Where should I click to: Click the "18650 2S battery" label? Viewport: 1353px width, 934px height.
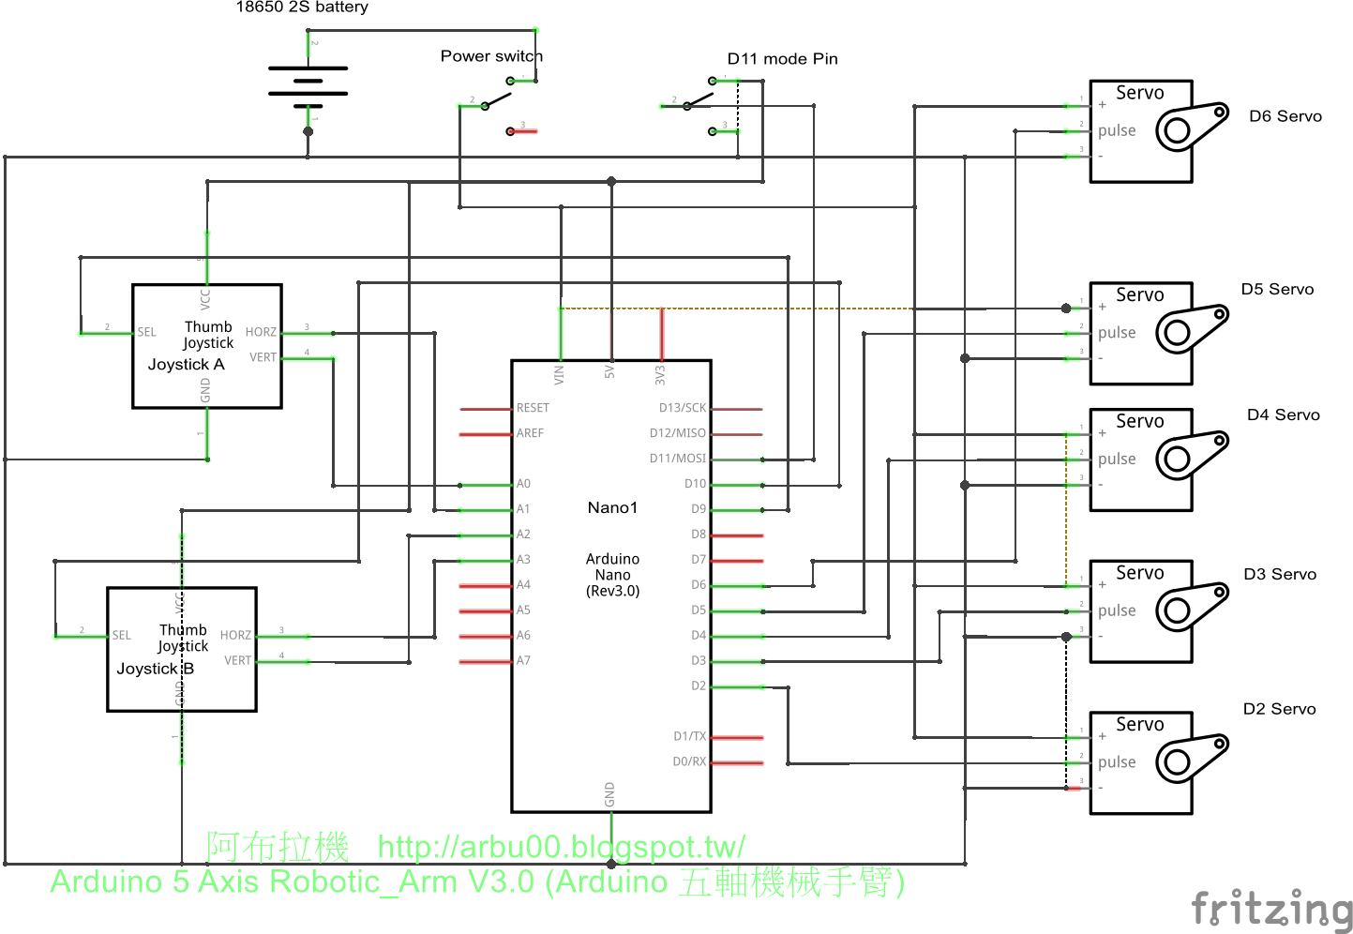click(301, 8)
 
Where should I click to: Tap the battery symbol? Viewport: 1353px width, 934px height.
click(308, 82)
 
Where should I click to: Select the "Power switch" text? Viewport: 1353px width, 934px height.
click(491, 56)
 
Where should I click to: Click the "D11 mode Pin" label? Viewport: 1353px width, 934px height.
click(782, 59)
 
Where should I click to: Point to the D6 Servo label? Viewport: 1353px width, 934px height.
click(1285, 116)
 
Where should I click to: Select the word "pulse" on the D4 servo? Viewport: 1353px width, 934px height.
click(1116, 459)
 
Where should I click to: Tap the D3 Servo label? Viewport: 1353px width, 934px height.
click(1279, 574)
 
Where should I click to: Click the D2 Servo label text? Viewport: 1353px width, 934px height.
click(1279, 709)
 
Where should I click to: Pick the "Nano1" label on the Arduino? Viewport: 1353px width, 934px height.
click(612, 507)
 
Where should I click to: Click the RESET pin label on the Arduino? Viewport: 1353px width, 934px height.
click(533, 408)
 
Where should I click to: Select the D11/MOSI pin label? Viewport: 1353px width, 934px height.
click(677, 459)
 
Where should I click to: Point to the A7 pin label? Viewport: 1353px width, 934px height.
click(523, 660)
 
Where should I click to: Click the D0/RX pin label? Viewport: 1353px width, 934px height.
click(689, 761)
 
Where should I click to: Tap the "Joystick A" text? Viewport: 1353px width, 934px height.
click(186, 364)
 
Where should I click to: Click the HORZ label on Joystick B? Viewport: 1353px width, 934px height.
click(235, 635)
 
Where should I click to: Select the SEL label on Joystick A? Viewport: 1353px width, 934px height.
click(147, 332)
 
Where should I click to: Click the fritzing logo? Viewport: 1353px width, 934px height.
click(1271, 910)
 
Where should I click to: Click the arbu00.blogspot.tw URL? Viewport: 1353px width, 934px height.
click(561, 847)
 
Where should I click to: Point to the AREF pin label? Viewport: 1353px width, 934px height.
click(530, 433)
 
